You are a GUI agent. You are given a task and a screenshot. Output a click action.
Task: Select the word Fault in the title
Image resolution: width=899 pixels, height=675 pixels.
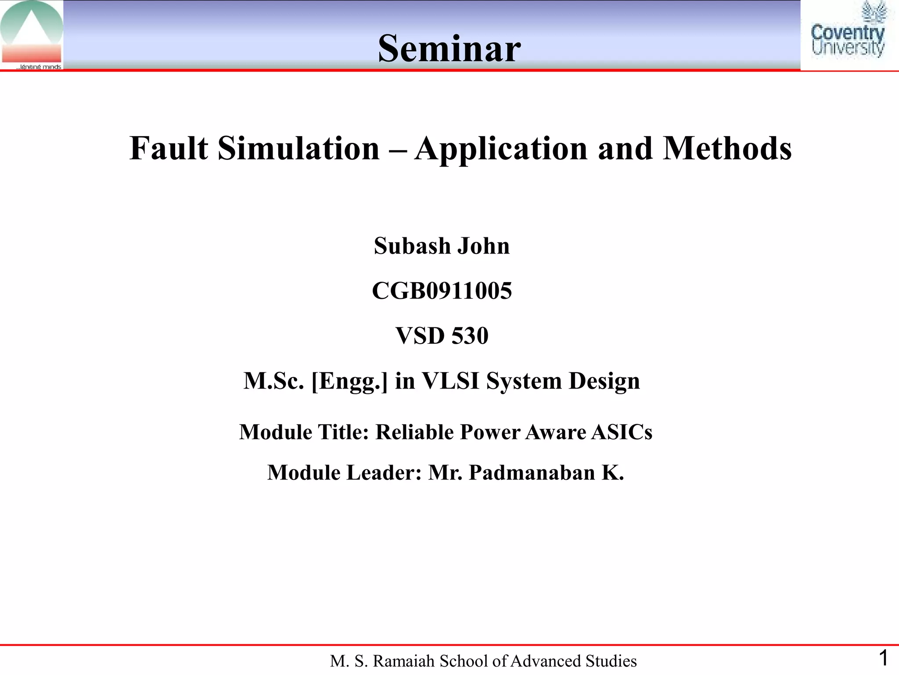pyautogui.click(x=169, y=148)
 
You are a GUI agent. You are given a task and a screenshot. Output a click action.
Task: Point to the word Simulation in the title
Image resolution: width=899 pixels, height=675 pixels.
pyautogui.click(x=298, y=148)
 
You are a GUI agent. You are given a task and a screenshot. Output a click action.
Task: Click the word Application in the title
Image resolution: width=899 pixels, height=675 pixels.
pyautogui.click(x=501, y=148)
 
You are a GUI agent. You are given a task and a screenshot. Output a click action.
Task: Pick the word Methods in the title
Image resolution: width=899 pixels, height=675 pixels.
pyautogui.click(x=727, y=148)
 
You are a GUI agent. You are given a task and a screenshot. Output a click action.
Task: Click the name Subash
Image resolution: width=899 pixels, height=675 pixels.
pyautogui.click(x=412, y=246)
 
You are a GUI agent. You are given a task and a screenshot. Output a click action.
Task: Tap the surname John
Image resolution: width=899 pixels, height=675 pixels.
pyautogui.click(x=483, y=246)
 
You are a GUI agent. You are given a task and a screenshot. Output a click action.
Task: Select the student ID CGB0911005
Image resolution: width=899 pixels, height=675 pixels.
pyautogui.click(x=442, y=291)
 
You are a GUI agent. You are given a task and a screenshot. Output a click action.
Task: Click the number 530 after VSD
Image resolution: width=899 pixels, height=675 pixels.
pyautogui.click(x=470, y=336)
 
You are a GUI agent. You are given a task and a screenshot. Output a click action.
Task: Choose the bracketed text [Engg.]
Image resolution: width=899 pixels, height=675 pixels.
pyautogui.click(x=349, y=381)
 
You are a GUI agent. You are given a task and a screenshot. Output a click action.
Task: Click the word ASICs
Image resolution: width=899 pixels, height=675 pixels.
pyautogui.click(x=622, y=432)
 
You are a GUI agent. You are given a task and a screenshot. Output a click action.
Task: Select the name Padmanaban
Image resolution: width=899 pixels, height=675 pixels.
pyautogui.click(x=532, y=473)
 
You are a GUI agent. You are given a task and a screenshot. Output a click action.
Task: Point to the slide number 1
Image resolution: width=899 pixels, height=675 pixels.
pyautogui.click(x=883, y=658)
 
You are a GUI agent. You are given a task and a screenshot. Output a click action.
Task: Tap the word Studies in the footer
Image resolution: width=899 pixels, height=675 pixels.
pyautogui.click(x=613, y=661)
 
